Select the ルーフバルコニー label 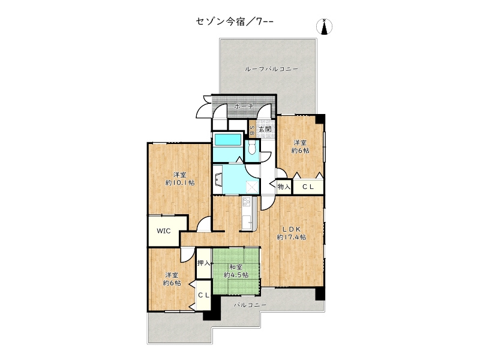pyautogui.click(x=271, y=70)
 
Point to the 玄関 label pyautogui.click(x=265, y=129)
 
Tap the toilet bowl pyautogui.click(x=252, y=148)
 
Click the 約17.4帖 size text pyautogui.click(x=292, y=237)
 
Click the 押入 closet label pyautogui.click(x=204, y=263)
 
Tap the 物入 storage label pyautogui.click(x=284, y=187)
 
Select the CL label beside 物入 pyautogui.click(x=308, y=187)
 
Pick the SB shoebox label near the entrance pyautogui.click(x=253, y=129)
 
